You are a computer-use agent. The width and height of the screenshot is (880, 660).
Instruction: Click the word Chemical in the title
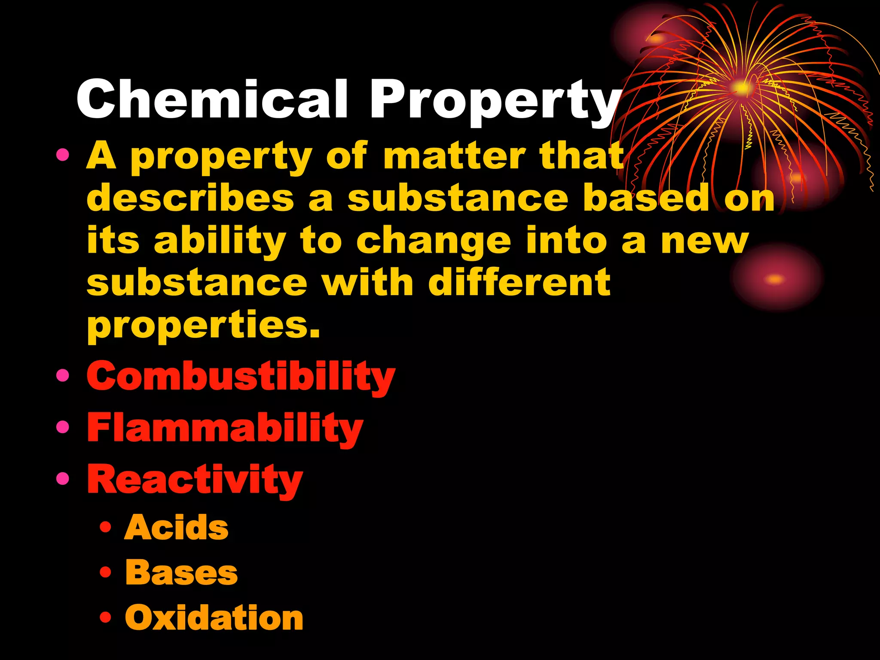coord(211,100)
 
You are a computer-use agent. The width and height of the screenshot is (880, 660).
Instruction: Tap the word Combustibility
coord(241,377)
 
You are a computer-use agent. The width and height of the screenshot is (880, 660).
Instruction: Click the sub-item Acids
coord(176,528)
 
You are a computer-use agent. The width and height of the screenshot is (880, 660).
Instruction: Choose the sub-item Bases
coord(181,573)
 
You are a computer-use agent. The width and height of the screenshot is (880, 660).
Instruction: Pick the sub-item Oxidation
coord(214,618)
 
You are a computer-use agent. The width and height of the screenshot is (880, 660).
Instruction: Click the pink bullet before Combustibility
coord(63,376)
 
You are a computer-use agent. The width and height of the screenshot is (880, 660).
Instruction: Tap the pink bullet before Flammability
coord(63,427)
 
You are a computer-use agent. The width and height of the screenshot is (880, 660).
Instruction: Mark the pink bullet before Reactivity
coord(63,478)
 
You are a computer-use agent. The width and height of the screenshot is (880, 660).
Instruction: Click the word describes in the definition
coord(190,198)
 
